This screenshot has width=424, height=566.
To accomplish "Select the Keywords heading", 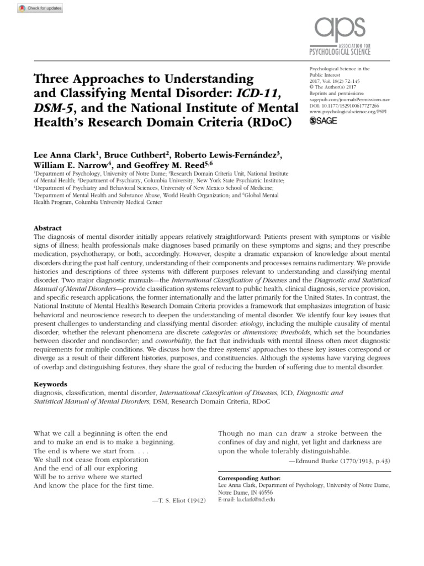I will [x=50, y=384].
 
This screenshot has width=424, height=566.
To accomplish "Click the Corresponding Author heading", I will [x=250, y=477].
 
